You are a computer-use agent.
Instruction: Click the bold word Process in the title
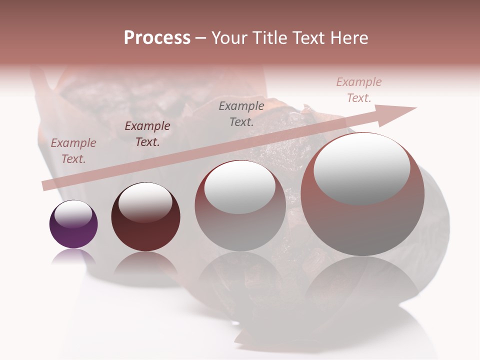click(157, 38)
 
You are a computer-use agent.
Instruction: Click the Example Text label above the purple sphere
click(73, 151)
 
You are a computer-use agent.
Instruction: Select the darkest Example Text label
click(147, 134)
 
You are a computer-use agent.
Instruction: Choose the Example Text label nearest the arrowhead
click(359, 90)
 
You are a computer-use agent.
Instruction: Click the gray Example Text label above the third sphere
click(241, 113)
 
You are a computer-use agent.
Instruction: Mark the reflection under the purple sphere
click(73, 256)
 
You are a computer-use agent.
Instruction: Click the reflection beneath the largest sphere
click(362, 280)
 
